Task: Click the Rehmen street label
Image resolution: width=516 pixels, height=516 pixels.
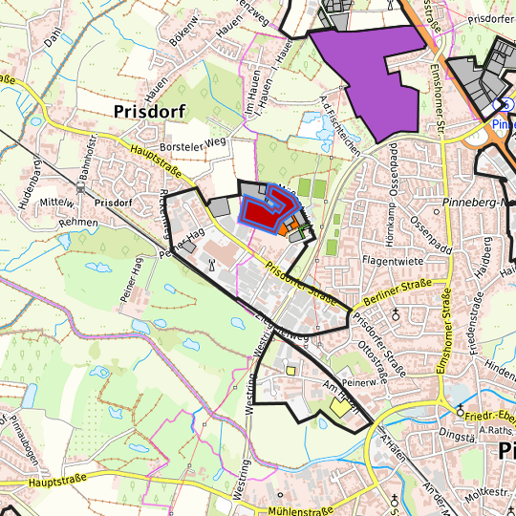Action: coord(51,222)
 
